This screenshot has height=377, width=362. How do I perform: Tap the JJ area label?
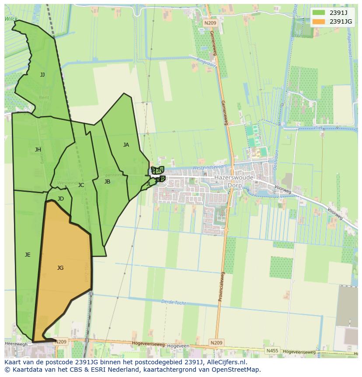42,75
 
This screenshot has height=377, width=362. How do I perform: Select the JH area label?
38,150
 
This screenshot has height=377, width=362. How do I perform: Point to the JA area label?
126,145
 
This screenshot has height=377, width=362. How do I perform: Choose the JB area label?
107,182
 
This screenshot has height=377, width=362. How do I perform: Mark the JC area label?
81,185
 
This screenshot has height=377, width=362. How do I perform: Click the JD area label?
61,199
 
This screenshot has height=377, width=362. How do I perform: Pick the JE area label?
28,255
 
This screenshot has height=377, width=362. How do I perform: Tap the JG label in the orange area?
60,268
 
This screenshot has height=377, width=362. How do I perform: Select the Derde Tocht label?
174,303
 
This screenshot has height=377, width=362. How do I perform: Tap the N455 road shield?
271,351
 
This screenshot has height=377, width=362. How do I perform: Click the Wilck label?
11,19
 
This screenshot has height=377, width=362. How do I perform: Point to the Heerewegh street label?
16,344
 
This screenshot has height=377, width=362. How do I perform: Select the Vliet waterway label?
317,127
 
